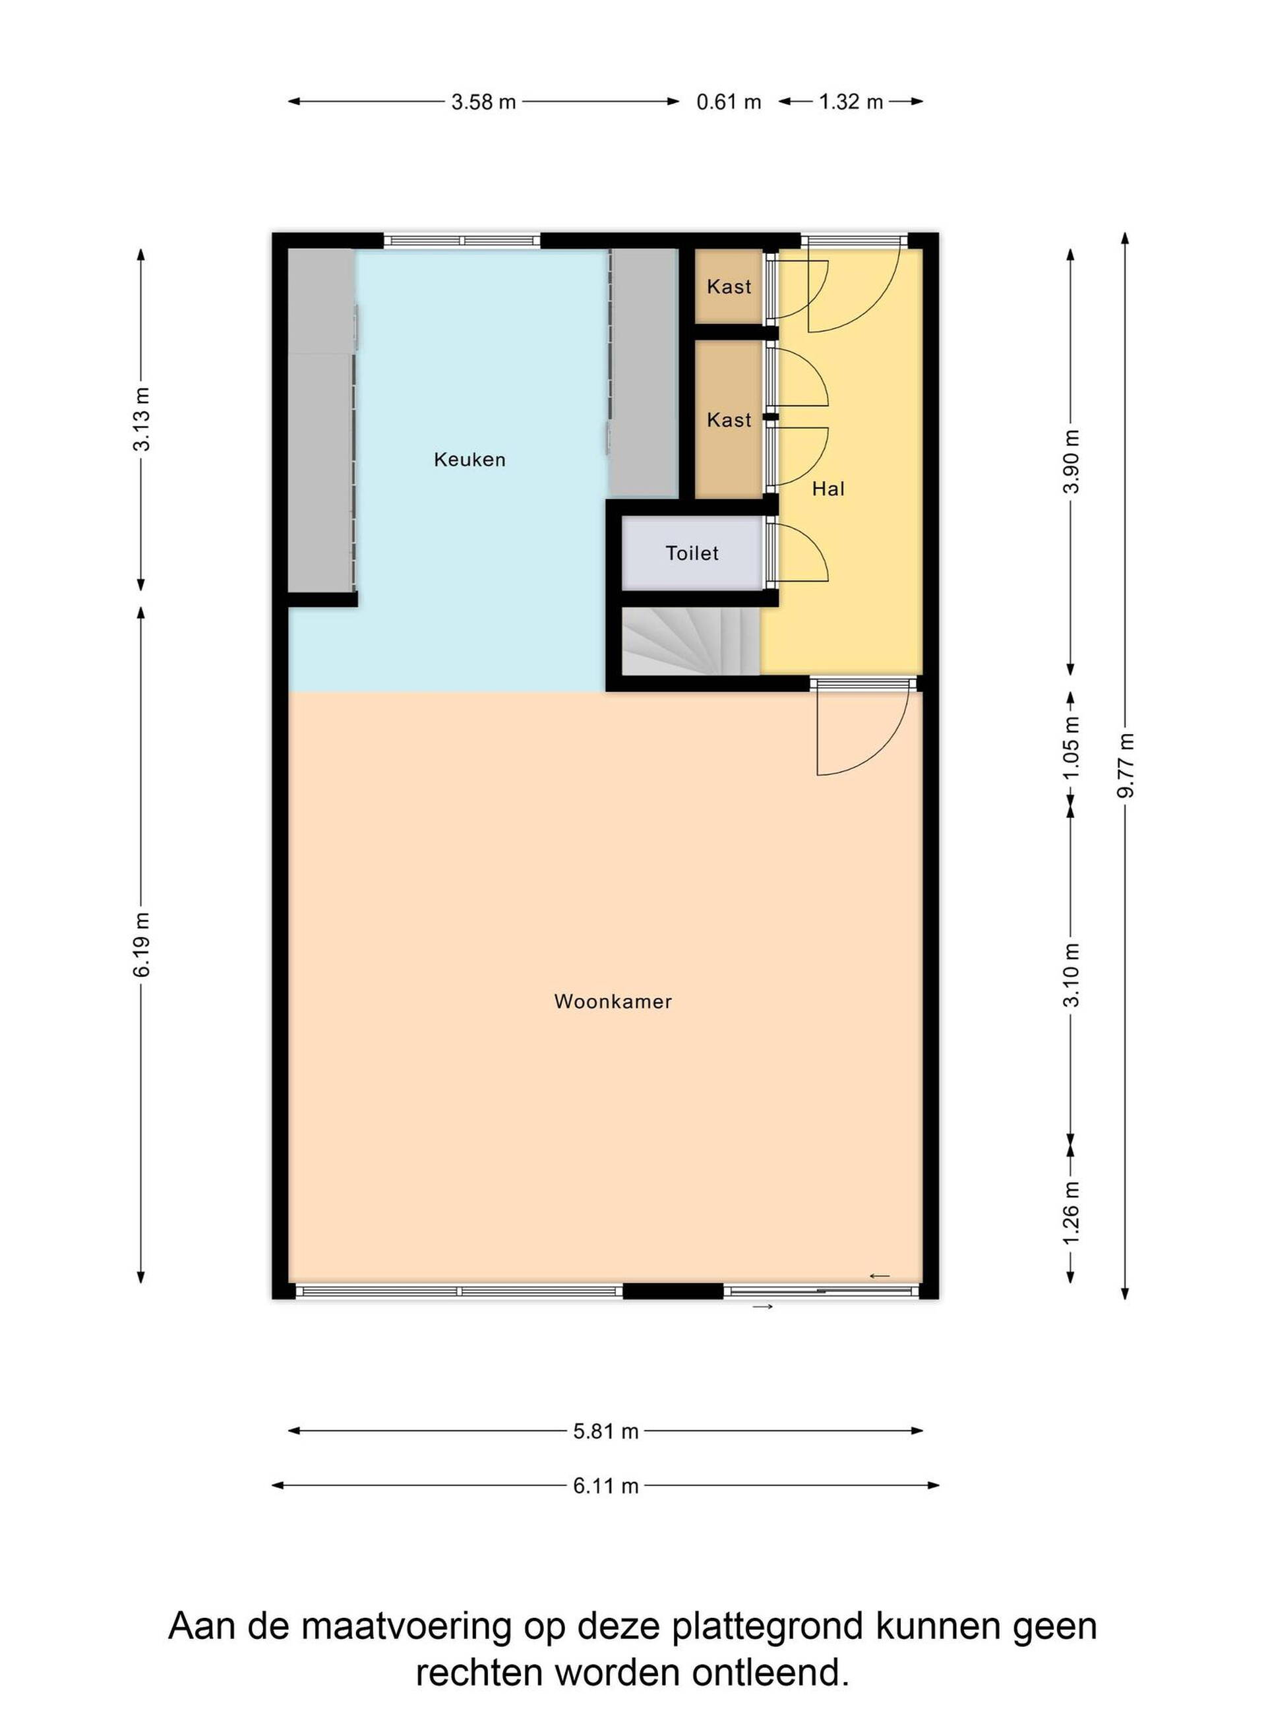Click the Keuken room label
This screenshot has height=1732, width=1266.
pos(469,460)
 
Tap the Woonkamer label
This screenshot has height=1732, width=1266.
pos(613,1002)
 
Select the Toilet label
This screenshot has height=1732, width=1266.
pos(692,553)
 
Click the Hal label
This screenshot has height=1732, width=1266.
pos(828,489)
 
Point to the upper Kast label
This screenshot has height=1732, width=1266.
pos(729,287)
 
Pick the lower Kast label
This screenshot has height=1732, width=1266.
pos(729,420)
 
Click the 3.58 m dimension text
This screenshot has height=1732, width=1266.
pos(483,102)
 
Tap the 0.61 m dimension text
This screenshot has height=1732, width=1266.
pos(729,102)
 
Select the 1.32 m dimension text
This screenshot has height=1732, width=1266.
pos(851,102)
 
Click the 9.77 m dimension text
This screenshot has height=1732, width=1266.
pos(1125,765)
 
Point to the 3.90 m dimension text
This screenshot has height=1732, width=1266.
pos(1071,461)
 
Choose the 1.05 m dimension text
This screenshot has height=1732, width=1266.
pos(1071,747)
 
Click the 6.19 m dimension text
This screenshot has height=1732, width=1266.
pos(142,946)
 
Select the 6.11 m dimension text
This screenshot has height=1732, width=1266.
pos(606,1486)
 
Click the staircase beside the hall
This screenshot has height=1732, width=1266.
pos(690,642)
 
